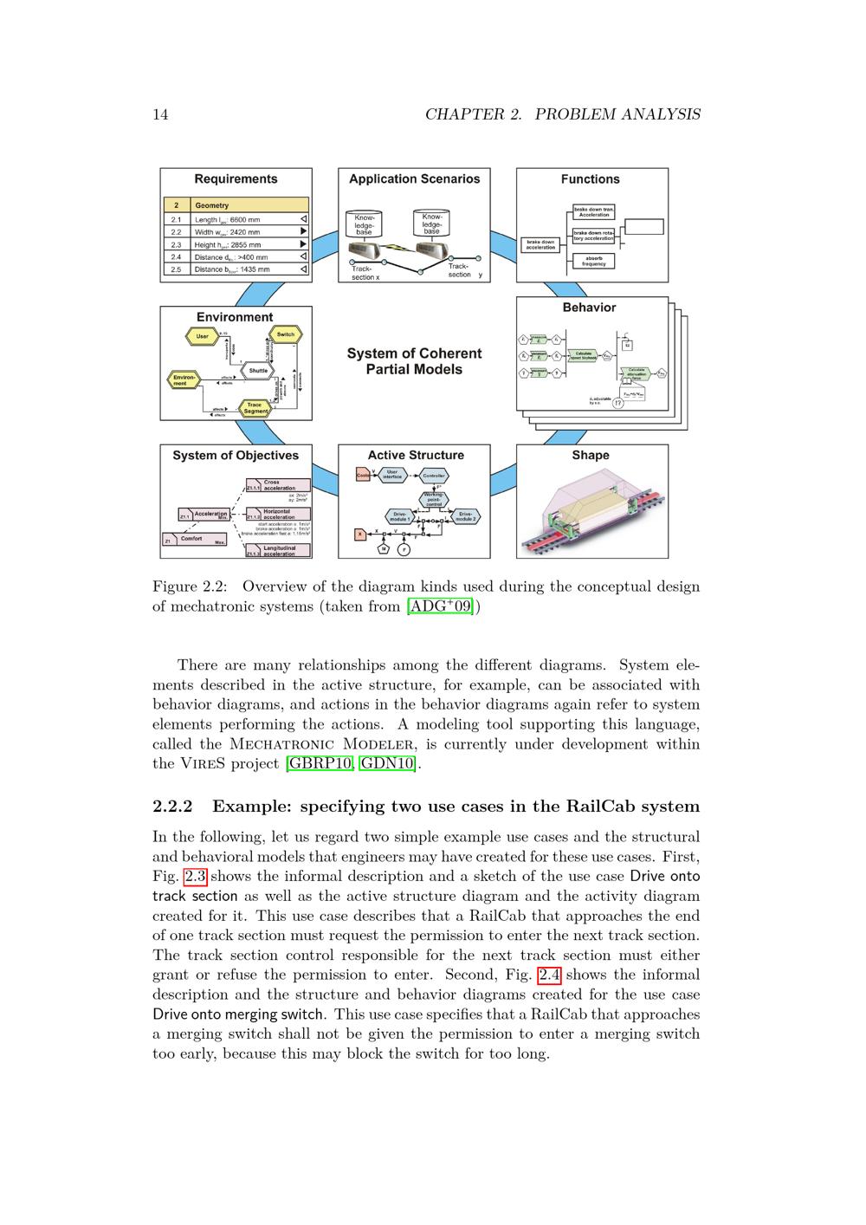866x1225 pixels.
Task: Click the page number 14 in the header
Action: (160, 114)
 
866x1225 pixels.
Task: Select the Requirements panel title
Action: (236, 179)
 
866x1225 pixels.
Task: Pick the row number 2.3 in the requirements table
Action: (176, 244)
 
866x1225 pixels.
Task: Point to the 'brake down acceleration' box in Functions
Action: (540, 245)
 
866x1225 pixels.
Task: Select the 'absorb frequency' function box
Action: (593, 261)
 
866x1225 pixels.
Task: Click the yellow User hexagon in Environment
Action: (203, 336)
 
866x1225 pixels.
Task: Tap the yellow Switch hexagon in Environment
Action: (285, 334)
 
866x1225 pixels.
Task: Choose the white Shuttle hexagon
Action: (258, 371)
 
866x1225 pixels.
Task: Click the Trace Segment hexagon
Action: (255, 407)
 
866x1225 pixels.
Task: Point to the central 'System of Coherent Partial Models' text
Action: (414, 361)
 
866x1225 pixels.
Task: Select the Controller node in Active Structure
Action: (433, 476)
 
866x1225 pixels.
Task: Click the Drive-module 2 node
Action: (465, 515)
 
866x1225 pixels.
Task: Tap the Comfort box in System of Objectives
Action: (196, 540)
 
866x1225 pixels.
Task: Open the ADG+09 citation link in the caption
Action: (441, 606)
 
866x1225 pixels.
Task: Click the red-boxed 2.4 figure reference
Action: (549, 975)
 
